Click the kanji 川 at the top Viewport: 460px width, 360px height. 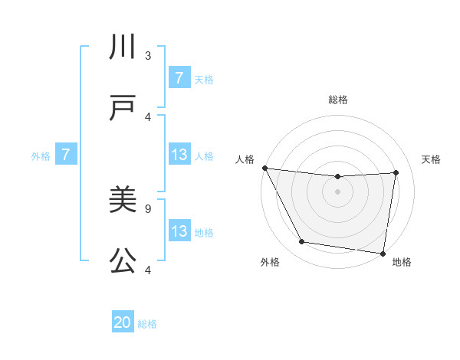tap(123, 48)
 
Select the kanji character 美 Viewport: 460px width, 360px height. tap(123, 201)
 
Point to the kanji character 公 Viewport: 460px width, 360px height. tap(123, 261)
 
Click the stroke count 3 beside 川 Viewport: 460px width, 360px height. tap(148, 55)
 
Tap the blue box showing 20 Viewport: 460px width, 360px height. tap(123, 323)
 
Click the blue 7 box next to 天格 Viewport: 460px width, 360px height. tap(179, 78)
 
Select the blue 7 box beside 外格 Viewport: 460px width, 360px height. tap(66, 155)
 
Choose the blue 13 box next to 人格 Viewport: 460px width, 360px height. tap(179, 155)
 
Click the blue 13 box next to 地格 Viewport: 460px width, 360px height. tap(179, 231)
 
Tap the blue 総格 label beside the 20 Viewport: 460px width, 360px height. tap(147, 324)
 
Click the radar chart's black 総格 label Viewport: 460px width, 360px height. tap(337, 100)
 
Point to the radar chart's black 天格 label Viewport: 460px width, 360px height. tap(431, 159)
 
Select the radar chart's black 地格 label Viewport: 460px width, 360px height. tap(402, 262)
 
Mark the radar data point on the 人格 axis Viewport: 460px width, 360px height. tap(264, 168)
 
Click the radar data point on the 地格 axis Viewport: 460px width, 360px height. tap(383, 253)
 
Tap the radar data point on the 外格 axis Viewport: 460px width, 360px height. tap(301, 242)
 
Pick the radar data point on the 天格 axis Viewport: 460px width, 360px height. tap(396, 172)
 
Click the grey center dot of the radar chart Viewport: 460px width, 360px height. tap(337, 191)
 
